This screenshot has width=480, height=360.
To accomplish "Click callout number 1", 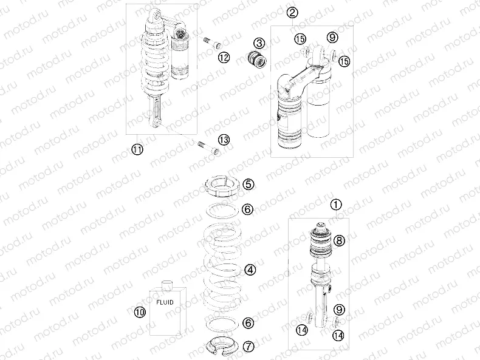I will click(337, 205).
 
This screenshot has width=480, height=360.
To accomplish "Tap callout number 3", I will click(259, 43).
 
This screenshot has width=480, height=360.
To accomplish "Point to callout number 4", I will click(249, 268).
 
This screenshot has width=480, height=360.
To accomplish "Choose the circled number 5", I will click(249, 183).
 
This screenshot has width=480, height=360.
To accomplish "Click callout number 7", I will click(249, 347).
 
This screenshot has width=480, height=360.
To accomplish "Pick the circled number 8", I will click(339, 240).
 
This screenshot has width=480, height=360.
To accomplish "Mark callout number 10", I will click(140, 312).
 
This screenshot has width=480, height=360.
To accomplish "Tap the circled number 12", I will click(224, 57).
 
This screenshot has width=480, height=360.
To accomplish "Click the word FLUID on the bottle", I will click(165, 301).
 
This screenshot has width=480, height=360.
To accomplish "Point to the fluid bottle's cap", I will click(168, 284).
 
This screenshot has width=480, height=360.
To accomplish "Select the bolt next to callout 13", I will click(207, 146).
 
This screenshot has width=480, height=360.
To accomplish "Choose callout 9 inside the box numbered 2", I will click(331, 38).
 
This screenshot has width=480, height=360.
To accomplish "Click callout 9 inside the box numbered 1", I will click(339, 310).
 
